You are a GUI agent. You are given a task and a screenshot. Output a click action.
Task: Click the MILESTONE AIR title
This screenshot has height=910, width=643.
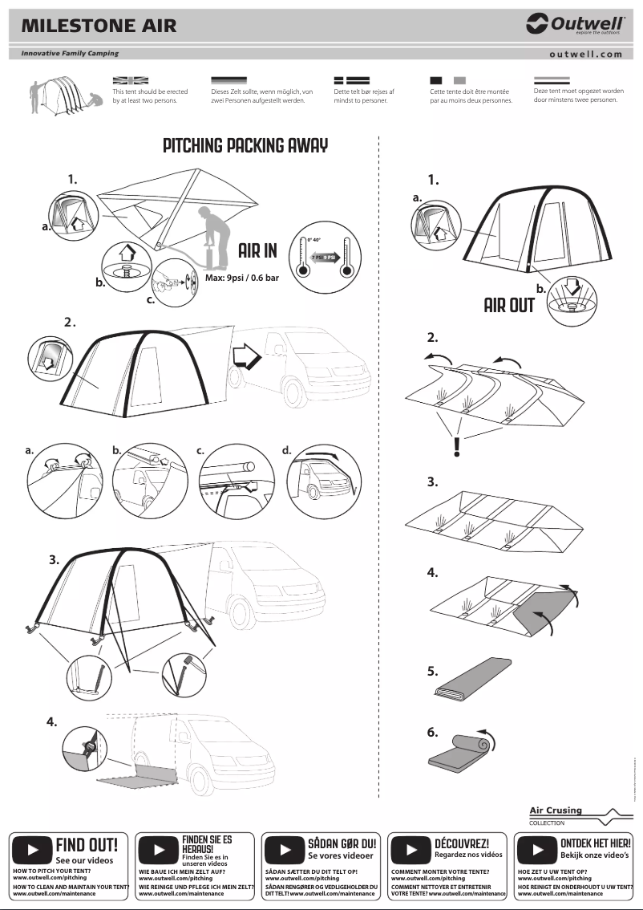click(x=99, y=26)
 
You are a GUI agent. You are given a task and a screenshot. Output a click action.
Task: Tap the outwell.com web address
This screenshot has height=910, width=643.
click(x=585, y=55)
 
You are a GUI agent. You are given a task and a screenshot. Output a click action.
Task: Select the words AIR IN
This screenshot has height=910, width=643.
click(x=257, y=251)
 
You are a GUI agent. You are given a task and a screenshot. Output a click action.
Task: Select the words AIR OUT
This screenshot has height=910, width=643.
click(x=509, y=306)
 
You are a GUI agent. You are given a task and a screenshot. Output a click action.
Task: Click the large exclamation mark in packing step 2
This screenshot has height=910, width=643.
click(x=457, y=445)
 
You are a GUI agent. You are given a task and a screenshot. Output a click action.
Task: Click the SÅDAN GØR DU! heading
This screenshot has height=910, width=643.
click(x=342, y=844)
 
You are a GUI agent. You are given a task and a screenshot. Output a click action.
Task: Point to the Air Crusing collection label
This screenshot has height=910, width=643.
click(x=556, y=810)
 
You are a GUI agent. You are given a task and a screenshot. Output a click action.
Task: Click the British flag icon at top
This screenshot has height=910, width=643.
click(x=131, y=80)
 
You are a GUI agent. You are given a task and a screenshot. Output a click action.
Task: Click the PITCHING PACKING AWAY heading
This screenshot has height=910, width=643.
click(x=245, y=146)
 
